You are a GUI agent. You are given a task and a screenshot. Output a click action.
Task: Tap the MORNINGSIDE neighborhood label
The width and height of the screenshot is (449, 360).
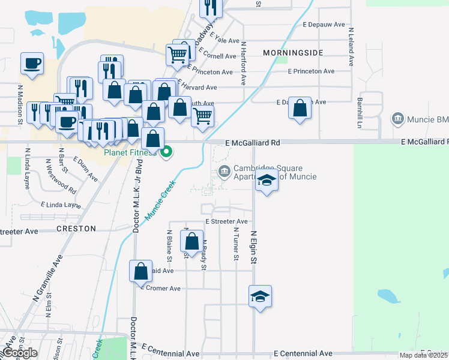pyautogui.click(x=293, y=53)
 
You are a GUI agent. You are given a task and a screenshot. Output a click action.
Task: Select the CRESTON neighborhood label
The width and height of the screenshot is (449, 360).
pyautogui.click(x=76, y=229)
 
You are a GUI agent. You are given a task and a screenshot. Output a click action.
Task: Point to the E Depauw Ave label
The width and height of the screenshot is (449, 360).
pyautogui.click(x=324, y=25)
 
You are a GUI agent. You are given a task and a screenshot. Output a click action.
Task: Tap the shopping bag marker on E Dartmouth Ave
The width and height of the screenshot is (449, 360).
pyautogui.click(x=300, y=109)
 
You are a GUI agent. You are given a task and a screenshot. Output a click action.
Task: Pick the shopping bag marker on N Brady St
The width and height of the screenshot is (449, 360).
pyautogui.click(x=191, y=242)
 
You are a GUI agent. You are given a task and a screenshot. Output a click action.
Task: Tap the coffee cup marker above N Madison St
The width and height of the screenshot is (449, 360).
pyautogui.click(x=32, y=62)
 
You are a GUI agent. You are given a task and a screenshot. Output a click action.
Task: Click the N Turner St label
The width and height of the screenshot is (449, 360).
pyautogui.click(x=236, y=244)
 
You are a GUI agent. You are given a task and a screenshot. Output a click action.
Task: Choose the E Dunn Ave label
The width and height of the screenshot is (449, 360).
pyautogui.click(x=86, y=169)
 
